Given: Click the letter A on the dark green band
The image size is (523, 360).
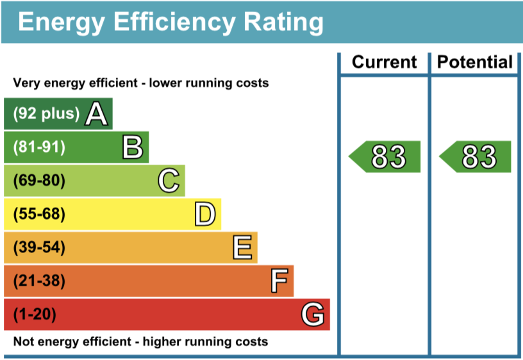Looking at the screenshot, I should click(96, 114).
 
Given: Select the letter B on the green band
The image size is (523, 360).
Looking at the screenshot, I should click(133, 147).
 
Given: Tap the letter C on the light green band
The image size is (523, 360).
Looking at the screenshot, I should click(169, 181).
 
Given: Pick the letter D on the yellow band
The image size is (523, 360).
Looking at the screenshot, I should click(205, 215).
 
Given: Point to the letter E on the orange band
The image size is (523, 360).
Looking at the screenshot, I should click(242, 248).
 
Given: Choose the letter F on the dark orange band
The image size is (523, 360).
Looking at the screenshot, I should click(278, 281).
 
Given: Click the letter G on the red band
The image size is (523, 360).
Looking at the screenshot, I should click(313, 315).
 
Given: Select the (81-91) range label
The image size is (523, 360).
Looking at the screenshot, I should click(39, 147).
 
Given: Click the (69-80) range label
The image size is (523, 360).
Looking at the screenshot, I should click(39, 181).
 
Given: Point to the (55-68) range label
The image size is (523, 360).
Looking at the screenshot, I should click(39, 215).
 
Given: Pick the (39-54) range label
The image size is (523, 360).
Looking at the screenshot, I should click(39, 248).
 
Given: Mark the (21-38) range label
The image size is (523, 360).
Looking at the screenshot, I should click(39, 281).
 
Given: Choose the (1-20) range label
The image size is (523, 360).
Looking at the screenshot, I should click(35, 315).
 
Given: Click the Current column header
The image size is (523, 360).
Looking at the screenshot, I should click(385, 62).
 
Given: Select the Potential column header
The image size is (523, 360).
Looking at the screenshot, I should click(475, 62).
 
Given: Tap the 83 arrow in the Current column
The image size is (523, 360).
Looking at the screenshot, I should click(385, 157).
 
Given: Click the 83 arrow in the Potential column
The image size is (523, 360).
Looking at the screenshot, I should click(476, 157).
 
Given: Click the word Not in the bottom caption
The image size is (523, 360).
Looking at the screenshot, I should click(24, 341).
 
